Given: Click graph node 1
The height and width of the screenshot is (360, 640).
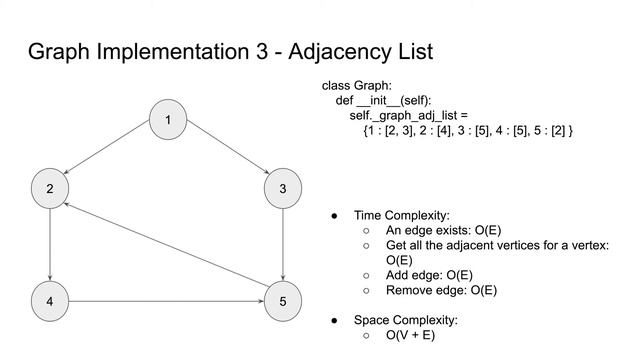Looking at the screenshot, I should (168, 121).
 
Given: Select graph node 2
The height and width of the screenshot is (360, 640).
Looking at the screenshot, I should (50, 188).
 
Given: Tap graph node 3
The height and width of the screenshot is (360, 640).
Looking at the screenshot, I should (284, 188).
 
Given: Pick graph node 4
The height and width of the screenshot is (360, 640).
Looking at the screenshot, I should (50, 300).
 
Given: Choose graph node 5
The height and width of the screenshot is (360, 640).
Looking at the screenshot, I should (284, 300).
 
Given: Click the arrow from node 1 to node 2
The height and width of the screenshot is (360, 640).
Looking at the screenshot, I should (109, 154).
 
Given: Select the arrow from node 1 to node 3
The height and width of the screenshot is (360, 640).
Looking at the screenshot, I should (226, 154).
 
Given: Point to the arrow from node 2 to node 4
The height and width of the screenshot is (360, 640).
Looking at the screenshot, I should (50, 244).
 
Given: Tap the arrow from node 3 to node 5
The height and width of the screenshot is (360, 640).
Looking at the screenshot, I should (284, 244).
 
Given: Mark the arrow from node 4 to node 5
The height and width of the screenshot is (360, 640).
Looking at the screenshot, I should (167, 300).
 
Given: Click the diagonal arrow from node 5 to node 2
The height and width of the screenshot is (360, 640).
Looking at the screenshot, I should (167, 244).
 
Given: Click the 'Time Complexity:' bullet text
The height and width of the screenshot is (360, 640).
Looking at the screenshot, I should (402, 215).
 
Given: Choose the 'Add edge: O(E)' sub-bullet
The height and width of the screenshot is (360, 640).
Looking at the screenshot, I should (429, 275).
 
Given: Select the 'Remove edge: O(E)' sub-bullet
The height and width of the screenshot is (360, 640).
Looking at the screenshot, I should (441, 290).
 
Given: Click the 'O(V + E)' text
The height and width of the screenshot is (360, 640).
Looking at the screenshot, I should (410, 335).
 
